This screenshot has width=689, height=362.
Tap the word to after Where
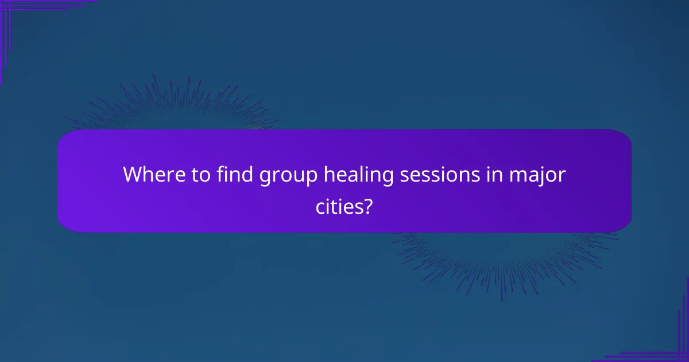(200, 175)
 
